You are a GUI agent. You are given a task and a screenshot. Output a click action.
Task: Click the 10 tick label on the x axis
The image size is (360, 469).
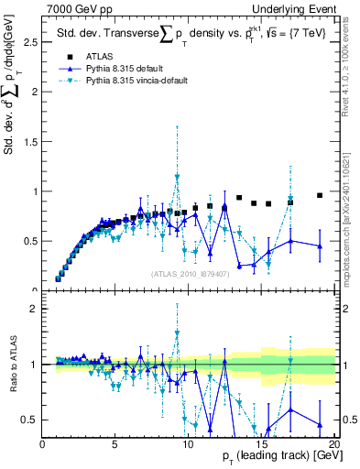coord(188,443)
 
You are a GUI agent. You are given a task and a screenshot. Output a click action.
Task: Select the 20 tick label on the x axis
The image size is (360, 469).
coord(333,443)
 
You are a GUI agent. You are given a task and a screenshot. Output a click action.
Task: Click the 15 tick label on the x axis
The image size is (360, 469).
coord(261,443)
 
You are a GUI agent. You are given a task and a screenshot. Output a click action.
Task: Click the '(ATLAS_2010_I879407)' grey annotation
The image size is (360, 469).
coord(190,273)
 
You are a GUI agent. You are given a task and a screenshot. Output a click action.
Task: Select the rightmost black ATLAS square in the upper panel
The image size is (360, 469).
coord(320,195)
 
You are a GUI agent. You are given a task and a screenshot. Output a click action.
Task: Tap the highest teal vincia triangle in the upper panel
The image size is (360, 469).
coord(177,178)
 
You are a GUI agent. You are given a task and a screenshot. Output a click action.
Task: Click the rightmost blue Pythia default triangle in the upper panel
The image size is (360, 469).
coord(320,245)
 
